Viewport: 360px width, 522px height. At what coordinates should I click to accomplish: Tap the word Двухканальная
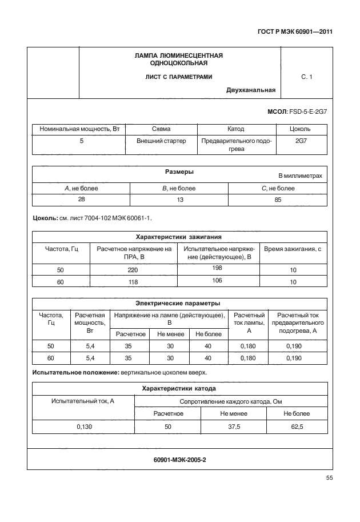point(251,90)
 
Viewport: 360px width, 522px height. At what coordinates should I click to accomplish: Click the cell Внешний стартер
point(162,141)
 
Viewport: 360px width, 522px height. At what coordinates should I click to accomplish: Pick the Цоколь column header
point(301,129)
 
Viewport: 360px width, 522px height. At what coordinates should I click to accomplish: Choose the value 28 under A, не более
point(82,200)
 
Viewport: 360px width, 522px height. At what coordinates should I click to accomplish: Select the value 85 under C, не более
point(278,200)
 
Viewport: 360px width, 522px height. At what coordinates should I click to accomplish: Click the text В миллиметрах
point(300,176)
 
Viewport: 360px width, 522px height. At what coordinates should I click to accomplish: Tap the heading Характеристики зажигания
point(178,236)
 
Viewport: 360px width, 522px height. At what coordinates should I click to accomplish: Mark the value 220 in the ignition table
point(134,270)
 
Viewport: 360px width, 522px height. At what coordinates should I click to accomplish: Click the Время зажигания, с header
point(293,249)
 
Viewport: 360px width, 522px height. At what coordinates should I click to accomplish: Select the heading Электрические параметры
point(178,303)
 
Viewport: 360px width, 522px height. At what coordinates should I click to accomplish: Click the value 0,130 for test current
point(84,426)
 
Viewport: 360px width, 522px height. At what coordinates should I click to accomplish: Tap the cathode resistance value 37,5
point(232,426)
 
